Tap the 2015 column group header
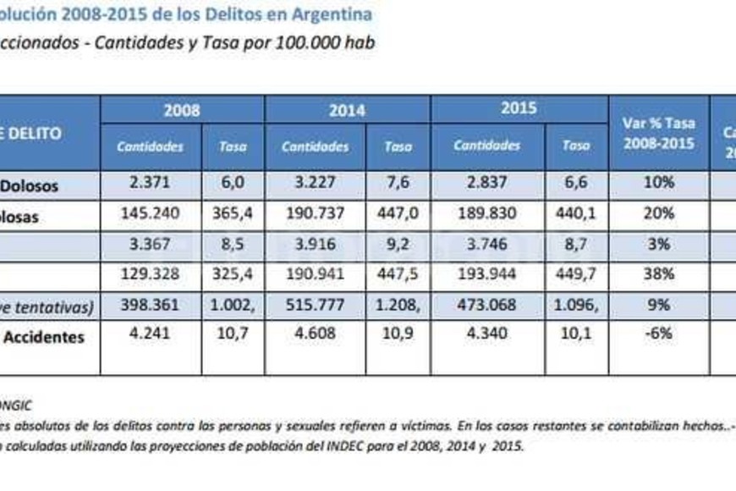(x=519, y=109)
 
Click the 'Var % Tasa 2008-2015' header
(x=658, y=133)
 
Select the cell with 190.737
(x=315, y=215)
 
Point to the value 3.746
(x=486, y=244)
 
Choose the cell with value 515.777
(x=315, y=305)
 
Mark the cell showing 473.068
(x=486, y=305)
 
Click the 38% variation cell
(x=658, y=274)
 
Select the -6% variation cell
(x=658, y=334)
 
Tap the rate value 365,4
(x=233, y=215)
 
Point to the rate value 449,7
(x=575, y=274)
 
